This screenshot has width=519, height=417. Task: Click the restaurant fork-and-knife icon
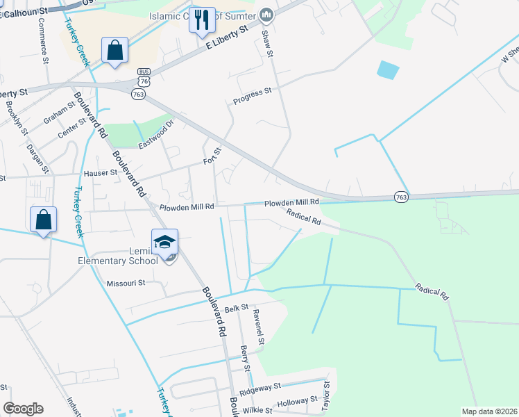[202, 20]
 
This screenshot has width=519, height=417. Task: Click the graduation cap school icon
[165, 243]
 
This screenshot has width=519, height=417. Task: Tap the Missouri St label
[126, 283]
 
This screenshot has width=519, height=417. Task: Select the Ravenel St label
[259, 329]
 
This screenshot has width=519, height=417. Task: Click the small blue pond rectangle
[389, 69]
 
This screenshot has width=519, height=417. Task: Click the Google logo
[23, 409]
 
